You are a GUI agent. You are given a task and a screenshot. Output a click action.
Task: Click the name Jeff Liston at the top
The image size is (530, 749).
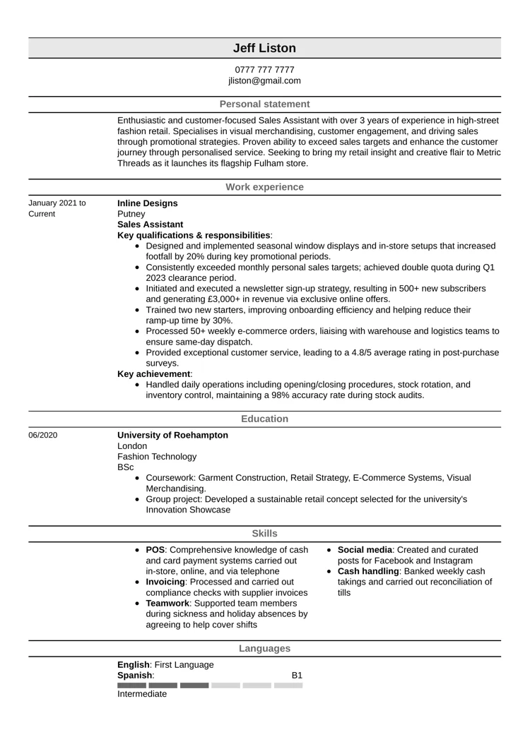pos(264,48)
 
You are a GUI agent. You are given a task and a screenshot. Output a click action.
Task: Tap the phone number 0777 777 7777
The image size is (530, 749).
pos(264,70)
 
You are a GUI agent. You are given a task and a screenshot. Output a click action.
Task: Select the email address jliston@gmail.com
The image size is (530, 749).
pos(264,80)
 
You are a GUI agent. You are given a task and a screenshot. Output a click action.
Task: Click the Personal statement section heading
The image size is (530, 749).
pos(264,104)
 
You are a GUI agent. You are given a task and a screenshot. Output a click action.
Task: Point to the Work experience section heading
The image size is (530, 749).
pos(264,187)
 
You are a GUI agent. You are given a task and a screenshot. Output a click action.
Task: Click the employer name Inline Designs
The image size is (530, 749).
pos(147,203)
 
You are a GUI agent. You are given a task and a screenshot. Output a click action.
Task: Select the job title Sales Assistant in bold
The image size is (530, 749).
pos(150,224)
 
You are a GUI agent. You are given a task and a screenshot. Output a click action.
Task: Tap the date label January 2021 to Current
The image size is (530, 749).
pos(57,208)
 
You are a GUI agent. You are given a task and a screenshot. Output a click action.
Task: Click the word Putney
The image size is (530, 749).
pos(131,214)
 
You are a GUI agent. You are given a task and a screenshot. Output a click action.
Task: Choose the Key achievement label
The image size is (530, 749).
pos(154,374)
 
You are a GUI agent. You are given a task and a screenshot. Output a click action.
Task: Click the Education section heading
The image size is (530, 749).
pos(264,419)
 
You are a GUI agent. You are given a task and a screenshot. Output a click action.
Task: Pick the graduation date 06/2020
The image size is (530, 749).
pos(43,436)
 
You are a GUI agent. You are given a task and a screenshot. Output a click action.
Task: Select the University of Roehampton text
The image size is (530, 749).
pos(172,435)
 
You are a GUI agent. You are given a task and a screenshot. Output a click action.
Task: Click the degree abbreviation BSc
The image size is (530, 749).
pos(125,467)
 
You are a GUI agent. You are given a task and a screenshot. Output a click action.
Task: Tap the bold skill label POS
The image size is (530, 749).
pos(155,550)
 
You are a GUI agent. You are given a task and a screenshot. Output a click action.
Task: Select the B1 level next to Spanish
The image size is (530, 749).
pos(298,676)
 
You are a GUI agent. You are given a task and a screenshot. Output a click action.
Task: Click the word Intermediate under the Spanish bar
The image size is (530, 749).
pos(142,694)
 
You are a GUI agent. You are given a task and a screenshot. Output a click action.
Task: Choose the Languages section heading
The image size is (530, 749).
pos(264,648)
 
